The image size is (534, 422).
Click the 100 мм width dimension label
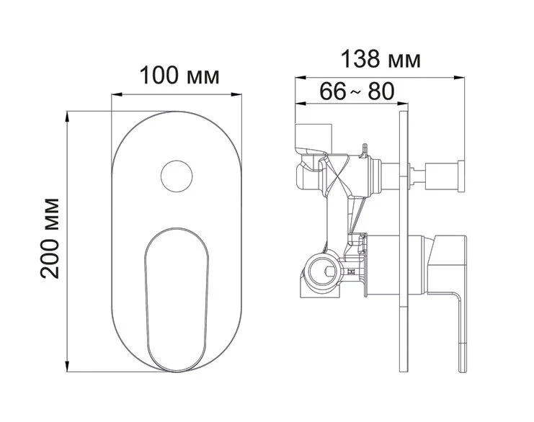point(179,76)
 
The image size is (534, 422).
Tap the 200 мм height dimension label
point(50,238)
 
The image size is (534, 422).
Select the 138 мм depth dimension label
point(381,59)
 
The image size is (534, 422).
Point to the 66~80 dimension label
point(357,91)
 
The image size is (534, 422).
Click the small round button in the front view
point(177,176)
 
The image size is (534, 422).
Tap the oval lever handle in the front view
point(177,300)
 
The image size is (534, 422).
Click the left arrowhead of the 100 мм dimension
point(117,94)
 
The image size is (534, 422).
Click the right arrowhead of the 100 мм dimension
point(236,94)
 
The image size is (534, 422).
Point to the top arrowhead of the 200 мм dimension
point(68,117)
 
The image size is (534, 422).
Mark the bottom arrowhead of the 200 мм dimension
point(68,367)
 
